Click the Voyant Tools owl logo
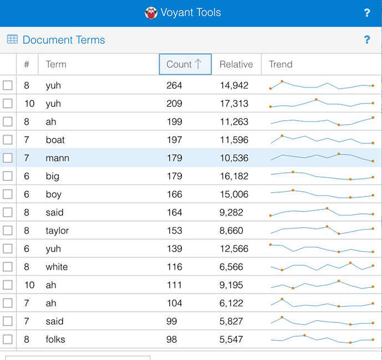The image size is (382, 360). click(151, 13)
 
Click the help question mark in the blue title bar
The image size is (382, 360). click(366, 13)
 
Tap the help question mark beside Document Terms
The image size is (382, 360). click(366, 40)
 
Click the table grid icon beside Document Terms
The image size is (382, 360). click(12, 39)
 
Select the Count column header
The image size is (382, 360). click(179, 64)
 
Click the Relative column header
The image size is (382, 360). click(236, 64)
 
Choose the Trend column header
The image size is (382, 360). click(281, 64)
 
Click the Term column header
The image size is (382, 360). click(56, 64)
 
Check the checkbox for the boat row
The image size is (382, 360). click(8, 140)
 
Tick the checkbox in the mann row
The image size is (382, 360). click(8, 158)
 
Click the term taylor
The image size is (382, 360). click(57, 230)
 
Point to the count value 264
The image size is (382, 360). click(174, 85)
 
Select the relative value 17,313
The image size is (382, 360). click(234, 104)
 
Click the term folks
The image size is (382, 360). click(55, 339)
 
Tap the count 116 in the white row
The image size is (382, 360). click(174, 267)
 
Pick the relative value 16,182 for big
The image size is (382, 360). click(234, 176)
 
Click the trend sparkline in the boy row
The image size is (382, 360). click(322, 194)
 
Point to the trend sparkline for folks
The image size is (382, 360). click(322, 338)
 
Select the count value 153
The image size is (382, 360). click(174, 230)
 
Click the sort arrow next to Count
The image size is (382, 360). click(198, 64)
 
